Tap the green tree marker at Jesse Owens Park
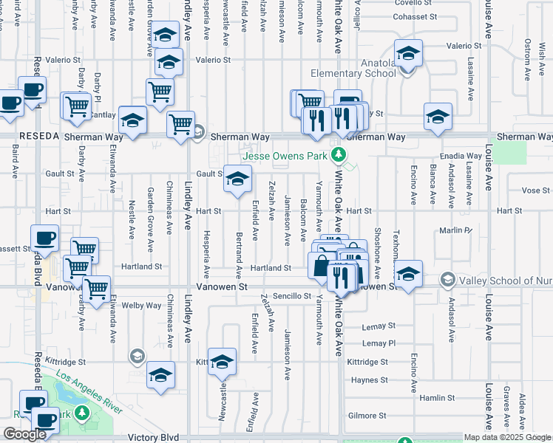click(339, 154)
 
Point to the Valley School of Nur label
click(500, 280)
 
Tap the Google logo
click(24, 433)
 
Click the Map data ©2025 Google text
click(507, 437)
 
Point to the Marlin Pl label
click(455, 230)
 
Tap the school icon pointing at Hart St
click(237, 179)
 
